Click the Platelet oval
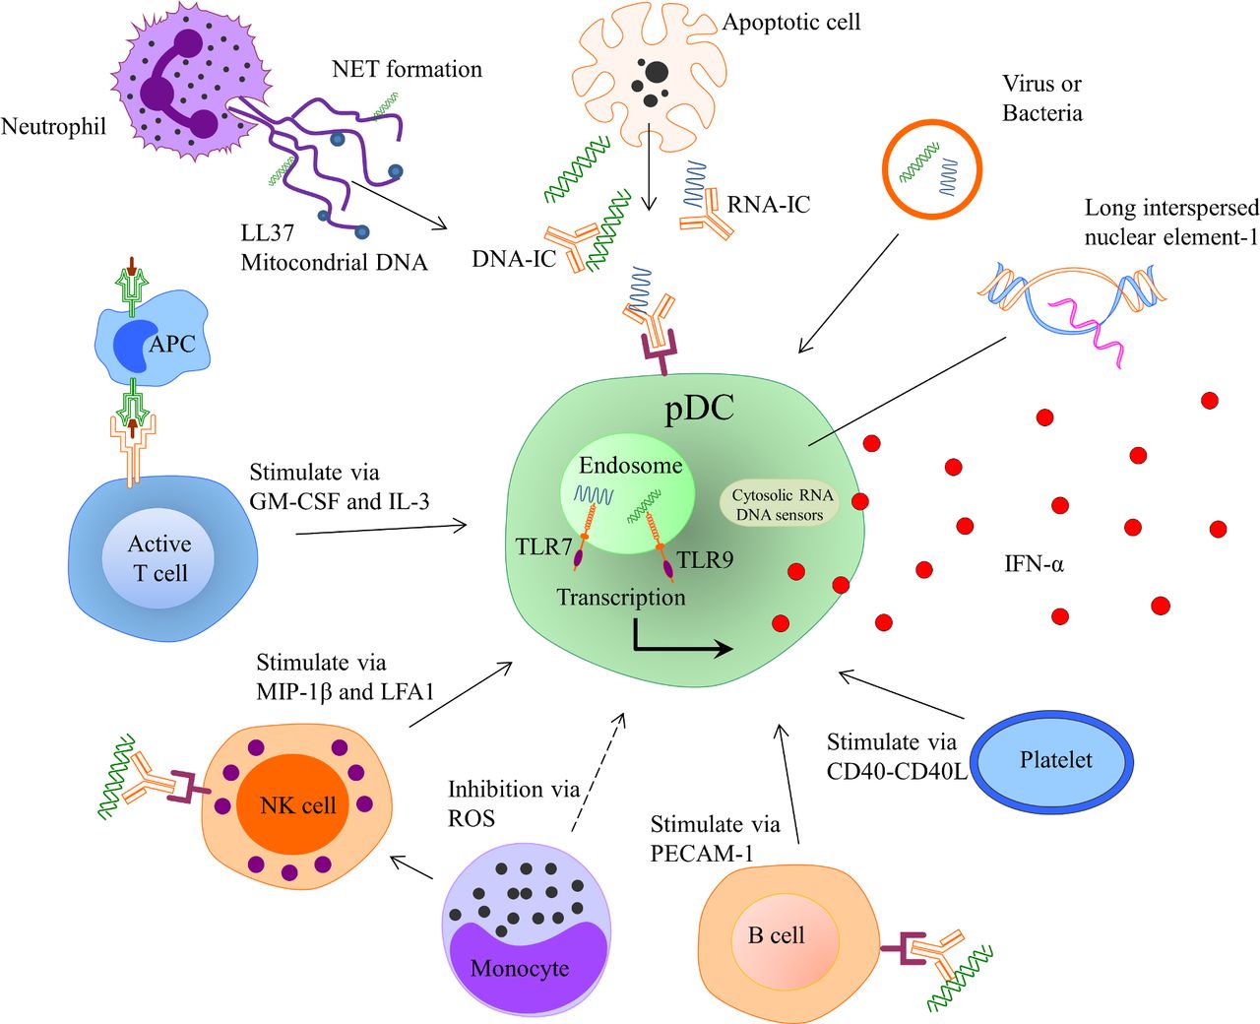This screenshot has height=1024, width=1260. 1055,760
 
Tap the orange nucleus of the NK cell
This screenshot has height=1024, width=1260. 297,805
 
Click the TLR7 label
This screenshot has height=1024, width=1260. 543,545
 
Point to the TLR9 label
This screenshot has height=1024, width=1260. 705,560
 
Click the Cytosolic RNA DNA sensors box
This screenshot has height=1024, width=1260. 782,504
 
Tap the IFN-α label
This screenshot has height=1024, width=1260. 1034,564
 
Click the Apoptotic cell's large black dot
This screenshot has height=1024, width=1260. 656,72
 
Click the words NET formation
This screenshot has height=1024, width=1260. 407,69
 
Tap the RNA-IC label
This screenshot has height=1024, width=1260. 768,205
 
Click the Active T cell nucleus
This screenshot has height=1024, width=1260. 158,558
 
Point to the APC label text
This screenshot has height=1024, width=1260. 172,345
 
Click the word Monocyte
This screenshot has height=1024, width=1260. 520,969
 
